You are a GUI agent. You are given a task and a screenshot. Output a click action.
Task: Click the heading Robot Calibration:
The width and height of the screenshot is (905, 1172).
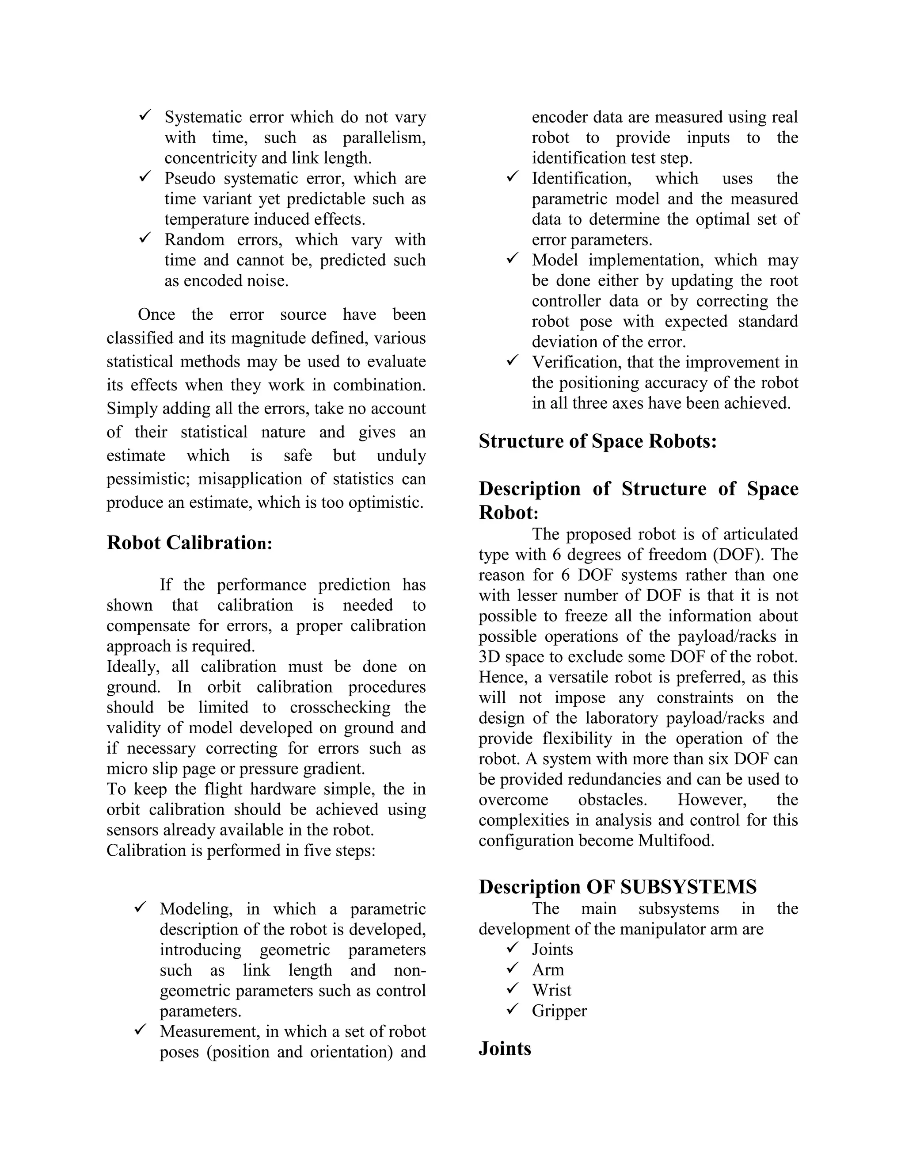189,543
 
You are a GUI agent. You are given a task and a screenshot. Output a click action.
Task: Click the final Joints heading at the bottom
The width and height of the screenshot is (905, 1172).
505,1049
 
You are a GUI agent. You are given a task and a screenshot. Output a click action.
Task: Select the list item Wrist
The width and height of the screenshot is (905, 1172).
551,990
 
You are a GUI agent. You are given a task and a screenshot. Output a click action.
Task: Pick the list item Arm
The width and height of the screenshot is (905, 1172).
548,970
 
